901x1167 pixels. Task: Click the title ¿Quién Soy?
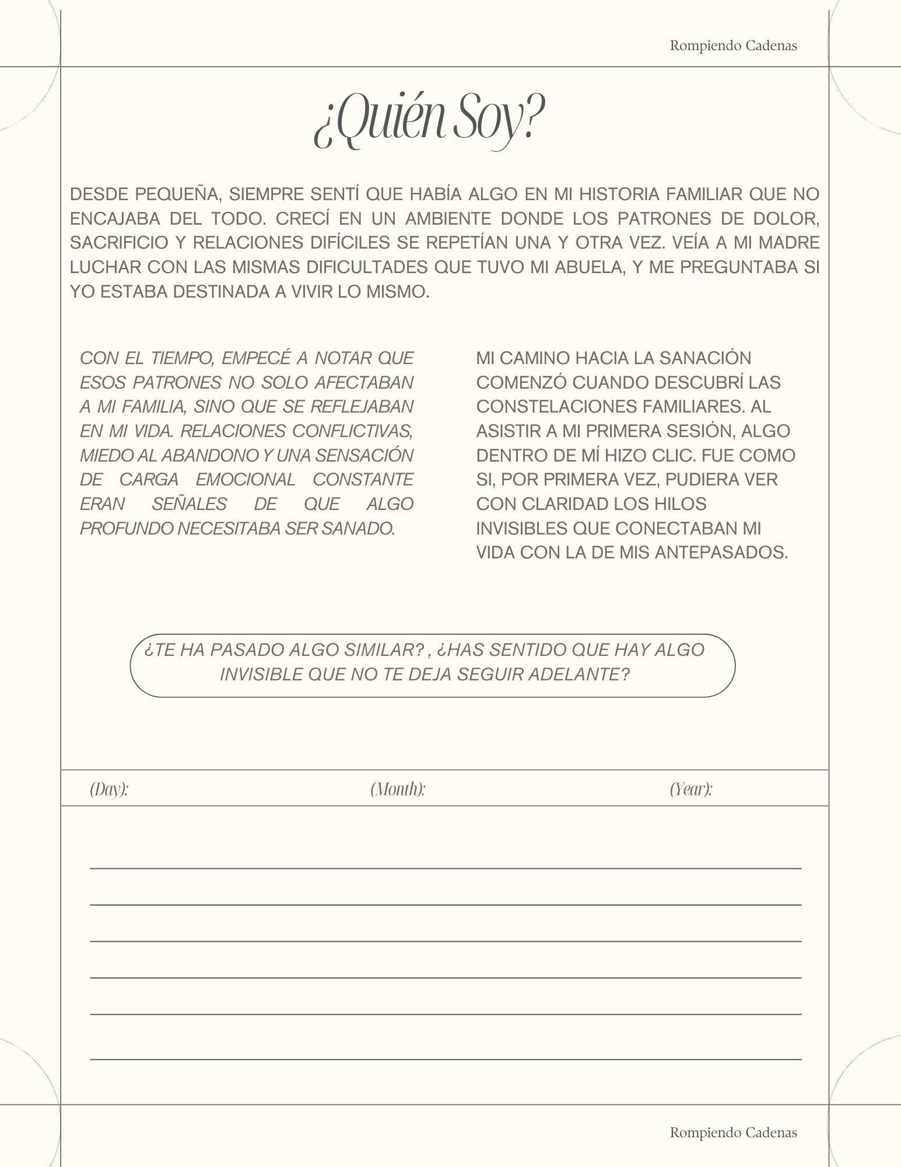429,121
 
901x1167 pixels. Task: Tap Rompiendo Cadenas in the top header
733,46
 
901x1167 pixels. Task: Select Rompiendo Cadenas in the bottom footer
733,1132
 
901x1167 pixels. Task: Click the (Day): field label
109,789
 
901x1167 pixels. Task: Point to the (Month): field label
398,789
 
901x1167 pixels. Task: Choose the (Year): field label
691,789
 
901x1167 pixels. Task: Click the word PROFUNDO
125,529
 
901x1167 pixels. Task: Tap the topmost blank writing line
446,868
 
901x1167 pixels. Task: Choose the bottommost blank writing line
446,1058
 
